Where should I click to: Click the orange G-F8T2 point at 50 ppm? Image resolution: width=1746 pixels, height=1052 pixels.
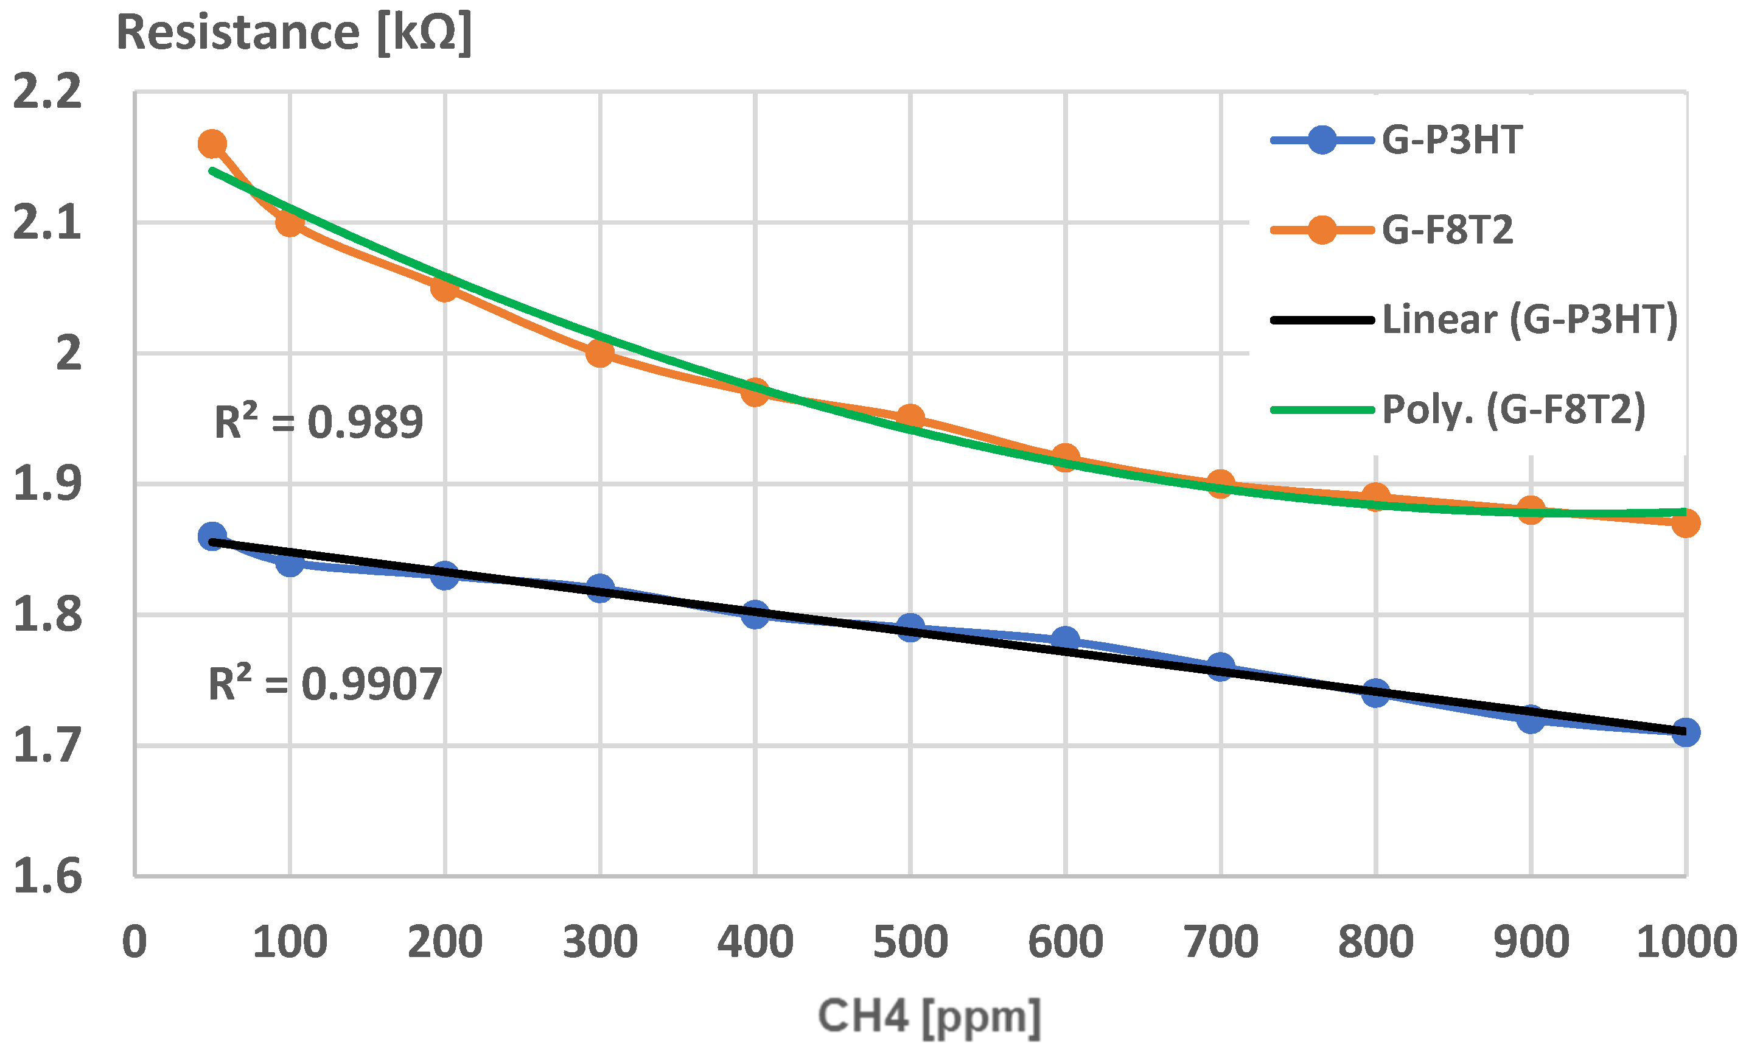pyautogui.click(x=212, y=144)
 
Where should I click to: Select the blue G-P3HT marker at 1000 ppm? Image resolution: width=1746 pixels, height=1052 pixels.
pyautogui.click(x=1685, y=732)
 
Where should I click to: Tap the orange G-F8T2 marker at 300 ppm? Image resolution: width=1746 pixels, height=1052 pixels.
pyautogui.click(x=599, y=353)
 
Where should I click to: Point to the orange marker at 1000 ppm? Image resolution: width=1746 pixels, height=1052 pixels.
pyautogui.click(x=1685, y=523)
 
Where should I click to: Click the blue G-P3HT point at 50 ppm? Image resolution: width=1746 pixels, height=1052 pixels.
pyautogui.click(x=212, y=536)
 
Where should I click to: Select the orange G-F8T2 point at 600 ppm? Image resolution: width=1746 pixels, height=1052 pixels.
pyautogui.click(x=1065, y=457)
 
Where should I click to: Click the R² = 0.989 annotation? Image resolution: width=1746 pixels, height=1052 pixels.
pyautogui.click(x=318, y=423)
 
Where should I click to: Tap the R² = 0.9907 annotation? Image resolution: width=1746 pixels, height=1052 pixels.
pyautogui.click(x=324, y=685)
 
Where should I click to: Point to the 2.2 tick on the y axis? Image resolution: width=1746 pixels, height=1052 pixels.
pyautogui.click(x=47, y=92)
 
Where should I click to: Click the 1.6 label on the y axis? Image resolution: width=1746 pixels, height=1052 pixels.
pyautogui.click(x=47, y=876)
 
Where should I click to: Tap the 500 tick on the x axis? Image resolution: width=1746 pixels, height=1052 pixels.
pyautogui.click(x=910, y=943)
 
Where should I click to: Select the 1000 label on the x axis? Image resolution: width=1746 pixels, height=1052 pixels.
pyautogui.click(x=1685, y=943)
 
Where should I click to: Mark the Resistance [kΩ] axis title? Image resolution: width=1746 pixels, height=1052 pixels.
pyautogui.click(x=294, y=33)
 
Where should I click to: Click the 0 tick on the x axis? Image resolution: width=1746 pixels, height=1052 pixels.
pyautogui.click(x=134, y=943)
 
